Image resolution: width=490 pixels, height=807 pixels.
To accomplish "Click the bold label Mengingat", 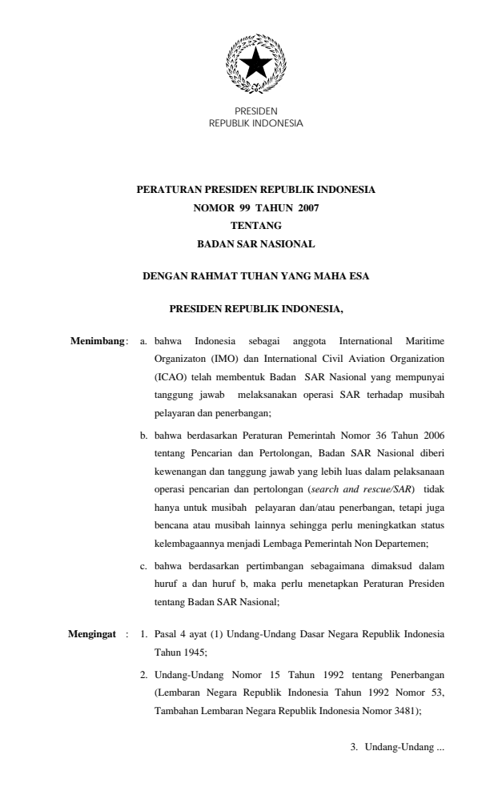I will tap(93, 636).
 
